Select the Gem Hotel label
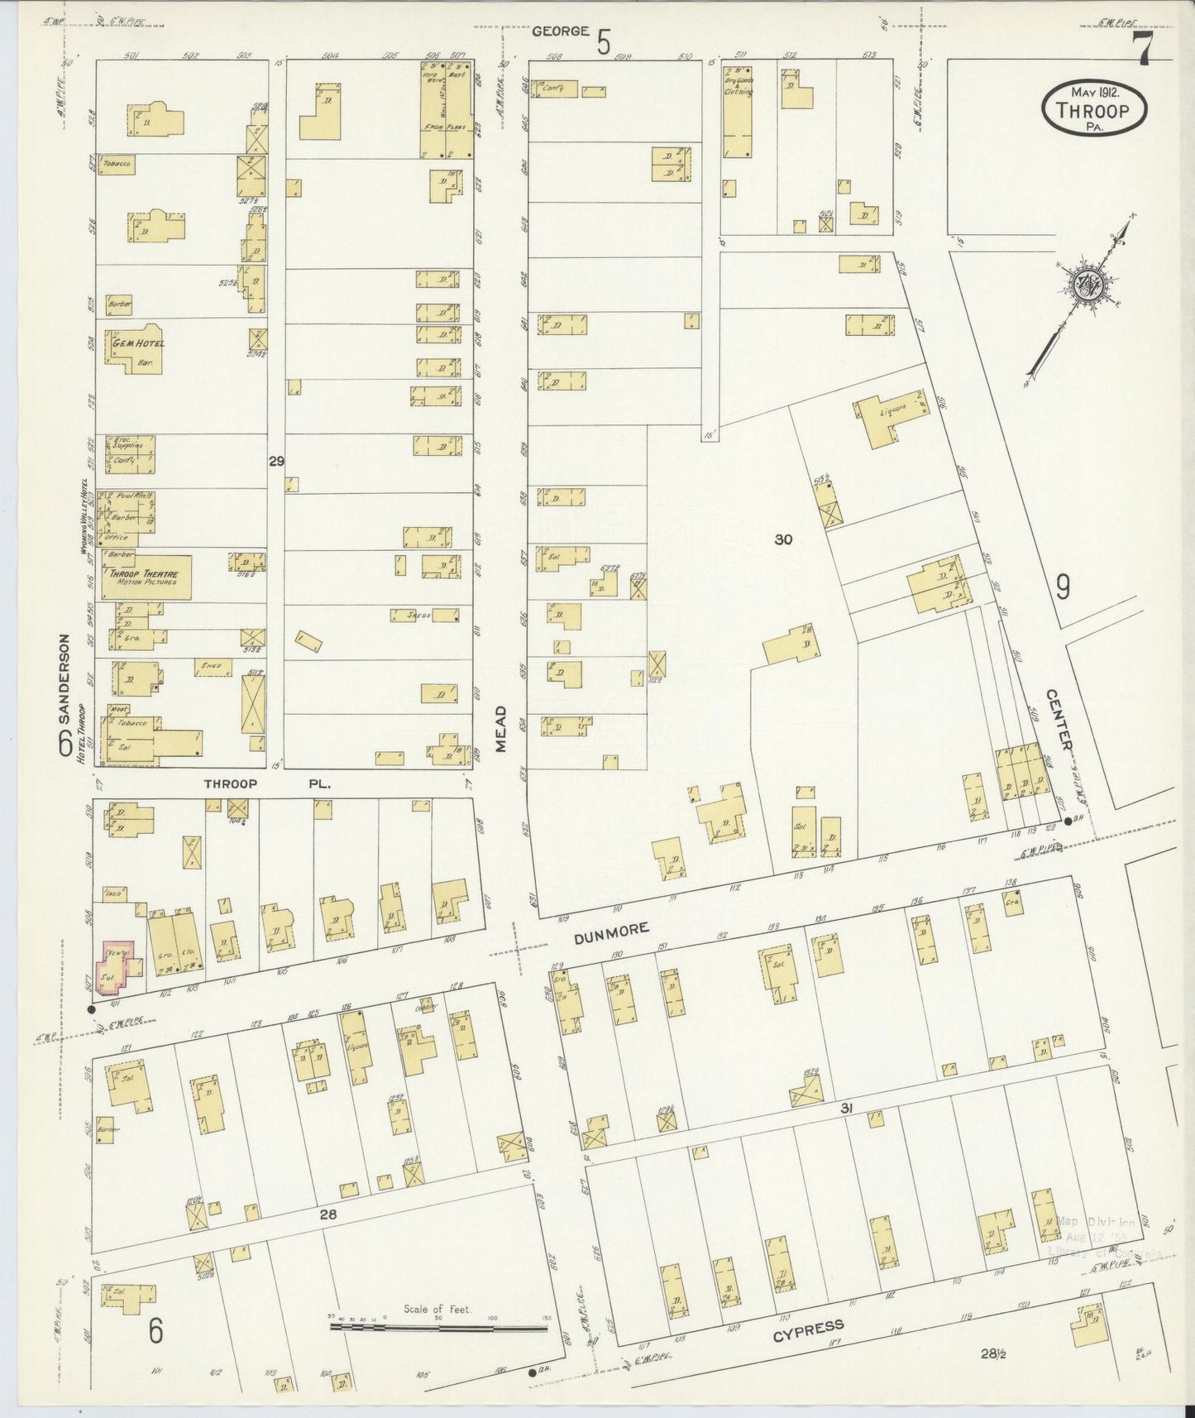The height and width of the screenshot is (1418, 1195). pos(133,343)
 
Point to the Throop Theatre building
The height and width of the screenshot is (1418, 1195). pos(146,577)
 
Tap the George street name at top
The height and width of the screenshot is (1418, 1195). pos(561,31)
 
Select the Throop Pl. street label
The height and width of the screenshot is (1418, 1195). pos(267,783)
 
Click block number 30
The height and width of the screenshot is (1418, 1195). pos(783,539)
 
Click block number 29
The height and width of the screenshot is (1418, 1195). pos(276,461)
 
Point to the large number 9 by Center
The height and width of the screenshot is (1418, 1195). pos(1062,587)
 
